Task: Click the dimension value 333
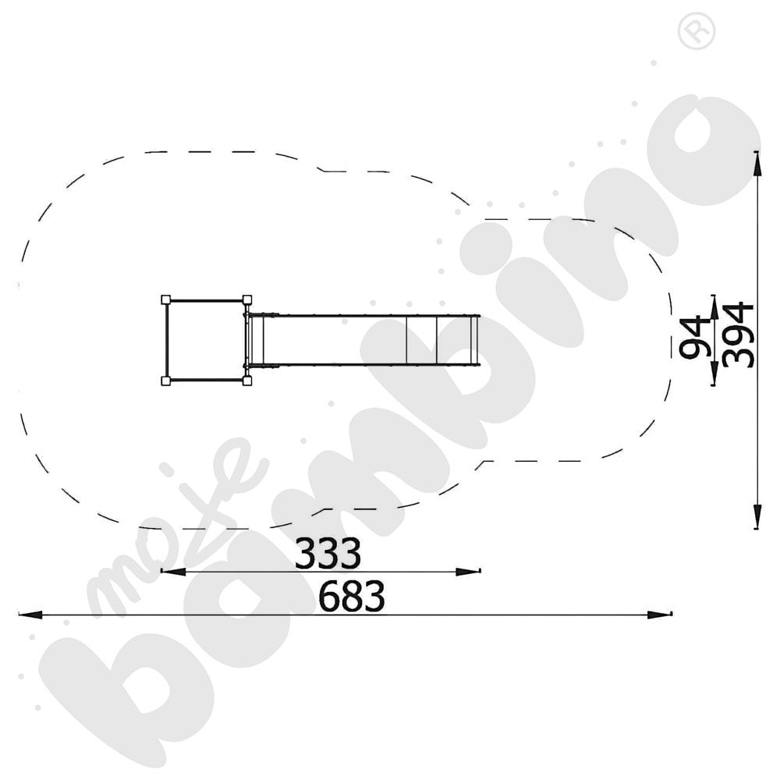(x=328, y=554)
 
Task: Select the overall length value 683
(x=352, y=597)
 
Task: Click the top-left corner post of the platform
(x=165, y=300)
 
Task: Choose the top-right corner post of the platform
(x=246, y=300)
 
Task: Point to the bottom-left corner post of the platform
(x=165, y=381)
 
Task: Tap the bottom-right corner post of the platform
(x=246, y=381)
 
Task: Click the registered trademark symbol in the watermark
(x=697, y=32)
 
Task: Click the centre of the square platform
(x=206, y=340)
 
